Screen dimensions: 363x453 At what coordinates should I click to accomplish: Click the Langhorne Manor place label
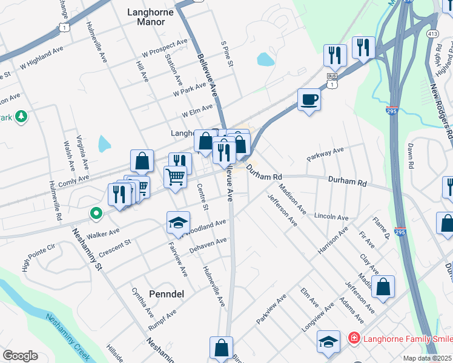coord(147,16)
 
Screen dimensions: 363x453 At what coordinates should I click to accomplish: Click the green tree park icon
coord(21,116)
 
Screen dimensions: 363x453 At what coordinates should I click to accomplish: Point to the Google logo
coord(20,356)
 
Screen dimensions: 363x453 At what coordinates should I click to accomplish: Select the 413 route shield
coord(432,34)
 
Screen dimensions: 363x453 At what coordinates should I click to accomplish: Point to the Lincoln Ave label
coord(331,216)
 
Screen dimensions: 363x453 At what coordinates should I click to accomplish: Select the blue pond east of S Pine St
coord(265,59)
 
